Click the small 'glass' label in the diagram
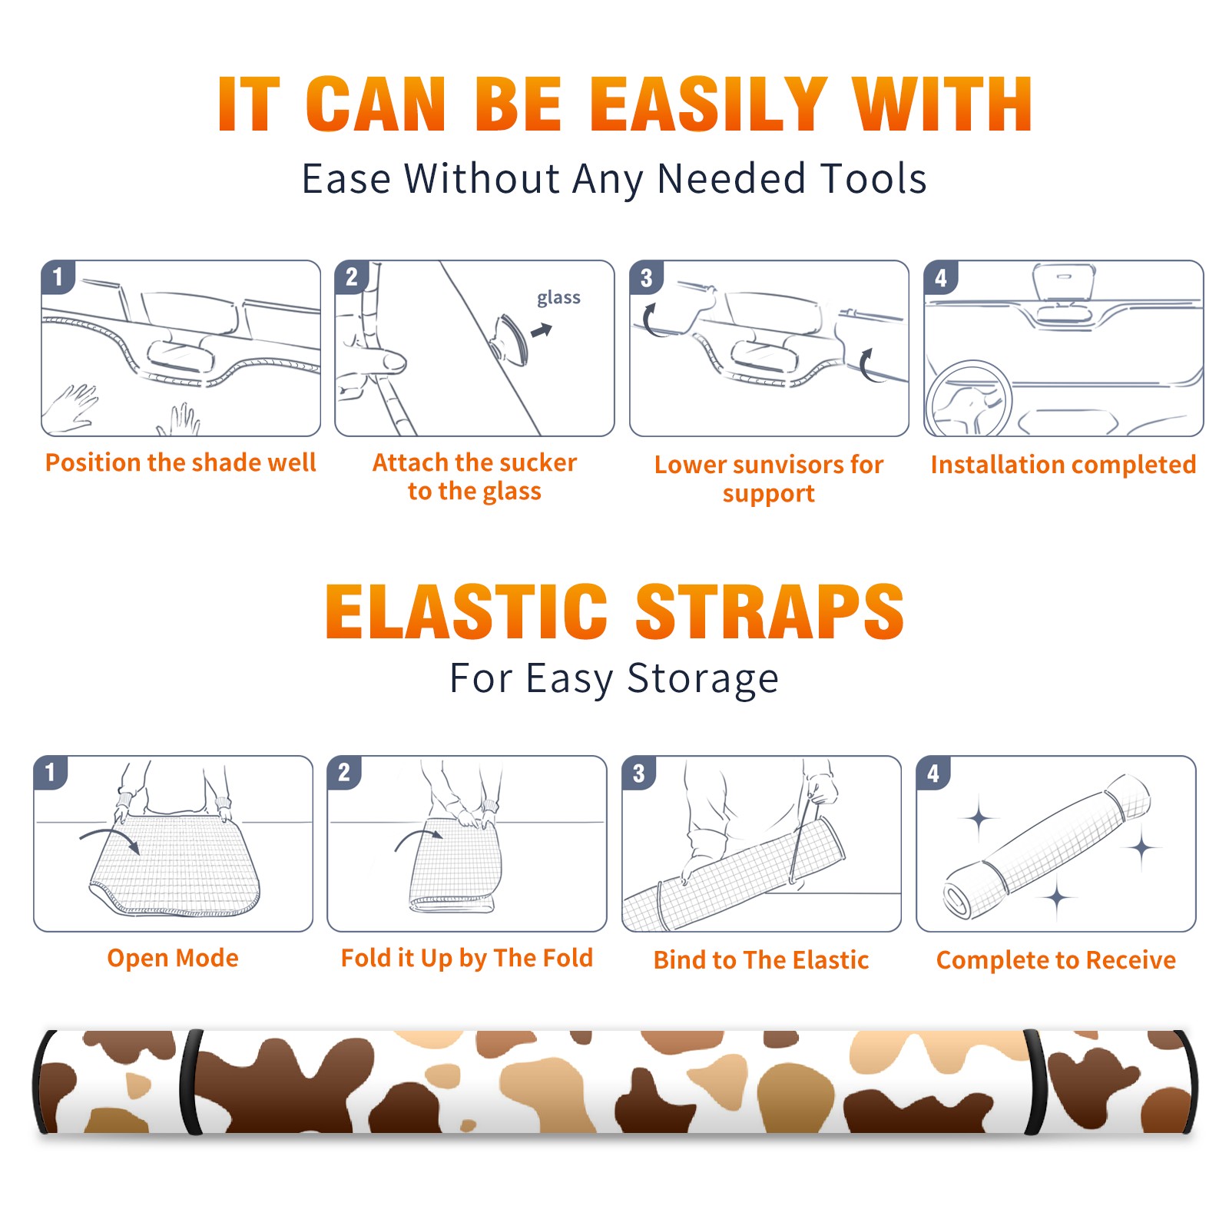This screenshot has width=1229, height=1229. (x=558, y=298)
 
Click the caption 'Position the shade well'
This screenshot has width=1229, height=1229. (x=181, y=462)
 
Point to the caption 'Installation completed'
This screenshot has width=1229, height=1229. (x=1063, y=465)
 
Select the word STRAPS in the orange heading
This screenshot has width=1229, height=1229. (x=770, y=611)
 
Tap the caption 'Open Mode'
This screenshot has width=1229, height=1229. (x=173, y=959)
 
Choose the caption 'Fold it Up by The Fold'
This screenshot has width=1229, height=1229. (x=467, y=959)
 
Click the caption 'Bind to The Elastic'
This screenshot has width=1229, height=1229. (x=761, y=960)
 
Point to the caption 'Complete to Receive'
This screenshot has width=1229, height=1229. (x=1056, y=960)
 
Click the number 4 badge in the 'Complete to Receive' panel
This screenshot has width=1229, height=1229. (x=933, y=773)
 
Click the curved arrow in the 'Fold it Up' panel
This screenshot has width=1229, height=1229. (x=416, y=837)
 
